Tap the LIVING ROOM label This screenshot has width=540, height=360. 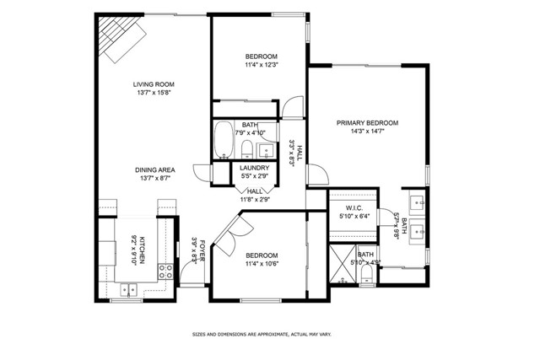click(153, 83)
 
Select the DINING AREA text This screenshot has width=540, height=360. click(154, 169)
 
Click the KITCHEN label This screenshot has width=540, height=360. click(143, 249)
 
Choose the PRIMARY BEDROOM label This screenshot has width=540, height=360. click(367, 123)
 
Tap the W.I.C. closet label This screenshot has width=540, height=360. click(354, 207)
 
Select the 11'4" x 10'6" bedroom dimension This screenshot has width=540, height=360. click(262, 264)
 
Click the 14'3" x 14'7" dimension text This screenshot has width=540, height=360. click(367, 132)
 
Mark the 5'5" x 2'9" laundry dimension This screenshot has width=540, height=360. click(255, 177)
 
